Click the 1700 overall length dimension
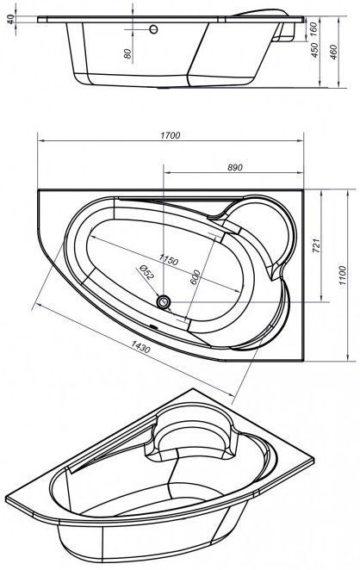pos(171,135)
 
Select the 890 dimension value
pos(234,168)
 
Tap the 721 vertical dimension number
pos(316,245)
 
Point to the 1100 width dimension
pos(343,276)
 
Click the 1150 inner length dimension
pos(168,260)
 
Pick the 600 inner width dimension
pos(196,278)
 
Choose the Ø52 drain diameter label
pos(146,272)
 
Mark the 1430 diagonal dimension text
pos(140,346)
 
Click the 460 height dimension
pos(333,52)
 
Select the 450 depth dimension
pos(314,50)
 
